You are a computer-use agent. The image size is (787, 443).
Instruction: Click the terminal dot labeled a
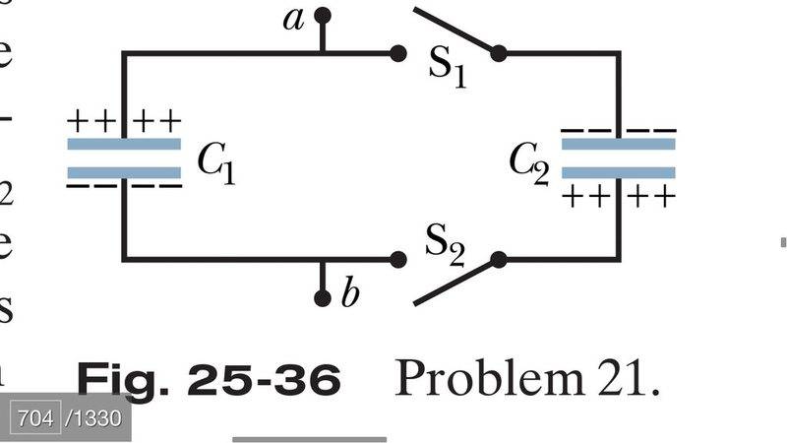point(321,16)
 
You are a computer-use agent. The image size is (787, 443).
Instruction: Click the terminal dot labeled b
point(321,296)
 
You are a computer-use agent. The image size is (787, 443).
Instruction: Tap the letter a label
point(292,19)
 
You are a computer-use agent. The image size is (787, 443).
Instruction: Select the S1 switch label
point(446,65)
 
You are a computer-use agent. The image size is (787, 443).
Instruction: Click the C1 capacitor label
point(215,163)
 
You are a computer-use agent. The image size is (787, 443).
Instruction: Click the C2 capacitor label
point(529,163)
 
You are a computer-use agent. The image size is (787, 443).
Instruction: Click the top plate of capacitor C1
point(124,144)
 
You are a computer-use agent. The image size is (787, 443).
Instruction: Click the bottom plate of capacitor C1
point(124,172)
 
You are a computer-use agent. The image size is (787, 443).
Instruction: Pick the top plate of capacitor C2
point(618,144)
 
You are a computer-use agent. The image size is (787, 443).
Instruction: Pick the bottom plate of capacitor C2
point(618,172)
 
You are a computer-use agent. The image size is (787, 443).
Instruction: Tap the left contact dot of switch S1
point(398,53)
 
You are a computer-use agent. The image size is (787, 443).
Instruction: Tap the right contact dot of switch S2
point(498,260)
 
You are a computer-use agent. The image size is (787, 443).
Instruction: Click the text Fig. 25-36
point(209,379)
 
